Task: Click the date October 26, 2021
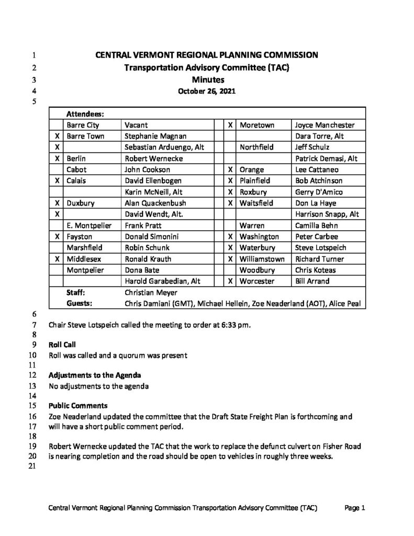tap(207, 91)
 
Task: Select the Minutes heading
tap(207, 80)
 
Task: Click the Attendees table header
tap(85, 114)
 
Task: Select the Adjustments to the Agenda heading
tap(94, 375)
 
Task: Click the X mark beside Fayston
tap(57, 237)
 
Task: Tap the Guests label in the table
tap(80, 304)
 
